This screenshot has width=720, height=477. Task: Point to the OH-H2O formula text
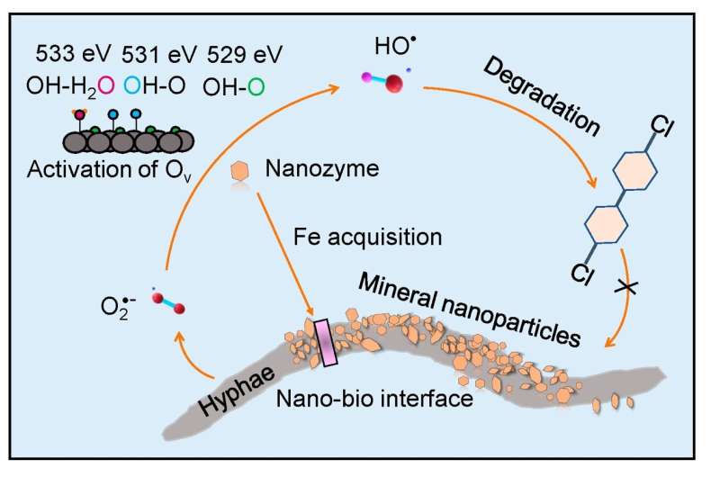pyautogui.click(x=71, y=88)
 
